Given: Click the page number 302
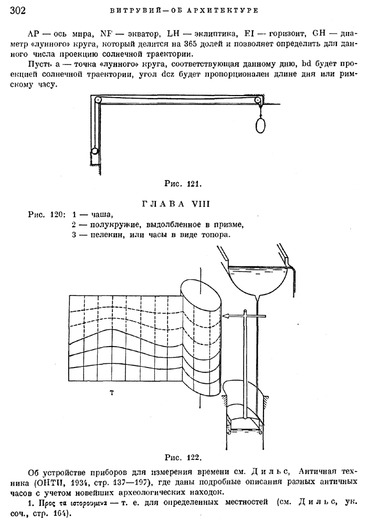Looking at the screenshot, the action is pyautogui.click(x=18, y=10).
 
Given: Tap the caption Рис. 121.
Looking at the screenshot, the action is pyautogui.click(x=183, y=183).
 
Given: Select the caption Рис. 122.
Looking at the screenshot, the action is pyautogui.click(x=183, y=457).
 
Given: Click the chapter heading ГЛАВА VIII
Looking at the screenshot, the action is pyautogui.click(x=176, y=204).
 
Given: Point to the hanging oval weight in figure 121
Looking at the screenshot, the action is pyautogui.click(x=260, y=125).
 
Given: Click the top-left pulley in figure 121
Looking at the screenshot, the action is pyautogui.click(x=98, y=100).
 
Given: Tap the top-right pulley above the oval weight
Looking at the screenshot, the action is pyautogui.click(x=258, y=100).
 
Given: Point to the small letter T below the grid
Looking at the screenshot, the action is pyautogui.click(x=112, y=393).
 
